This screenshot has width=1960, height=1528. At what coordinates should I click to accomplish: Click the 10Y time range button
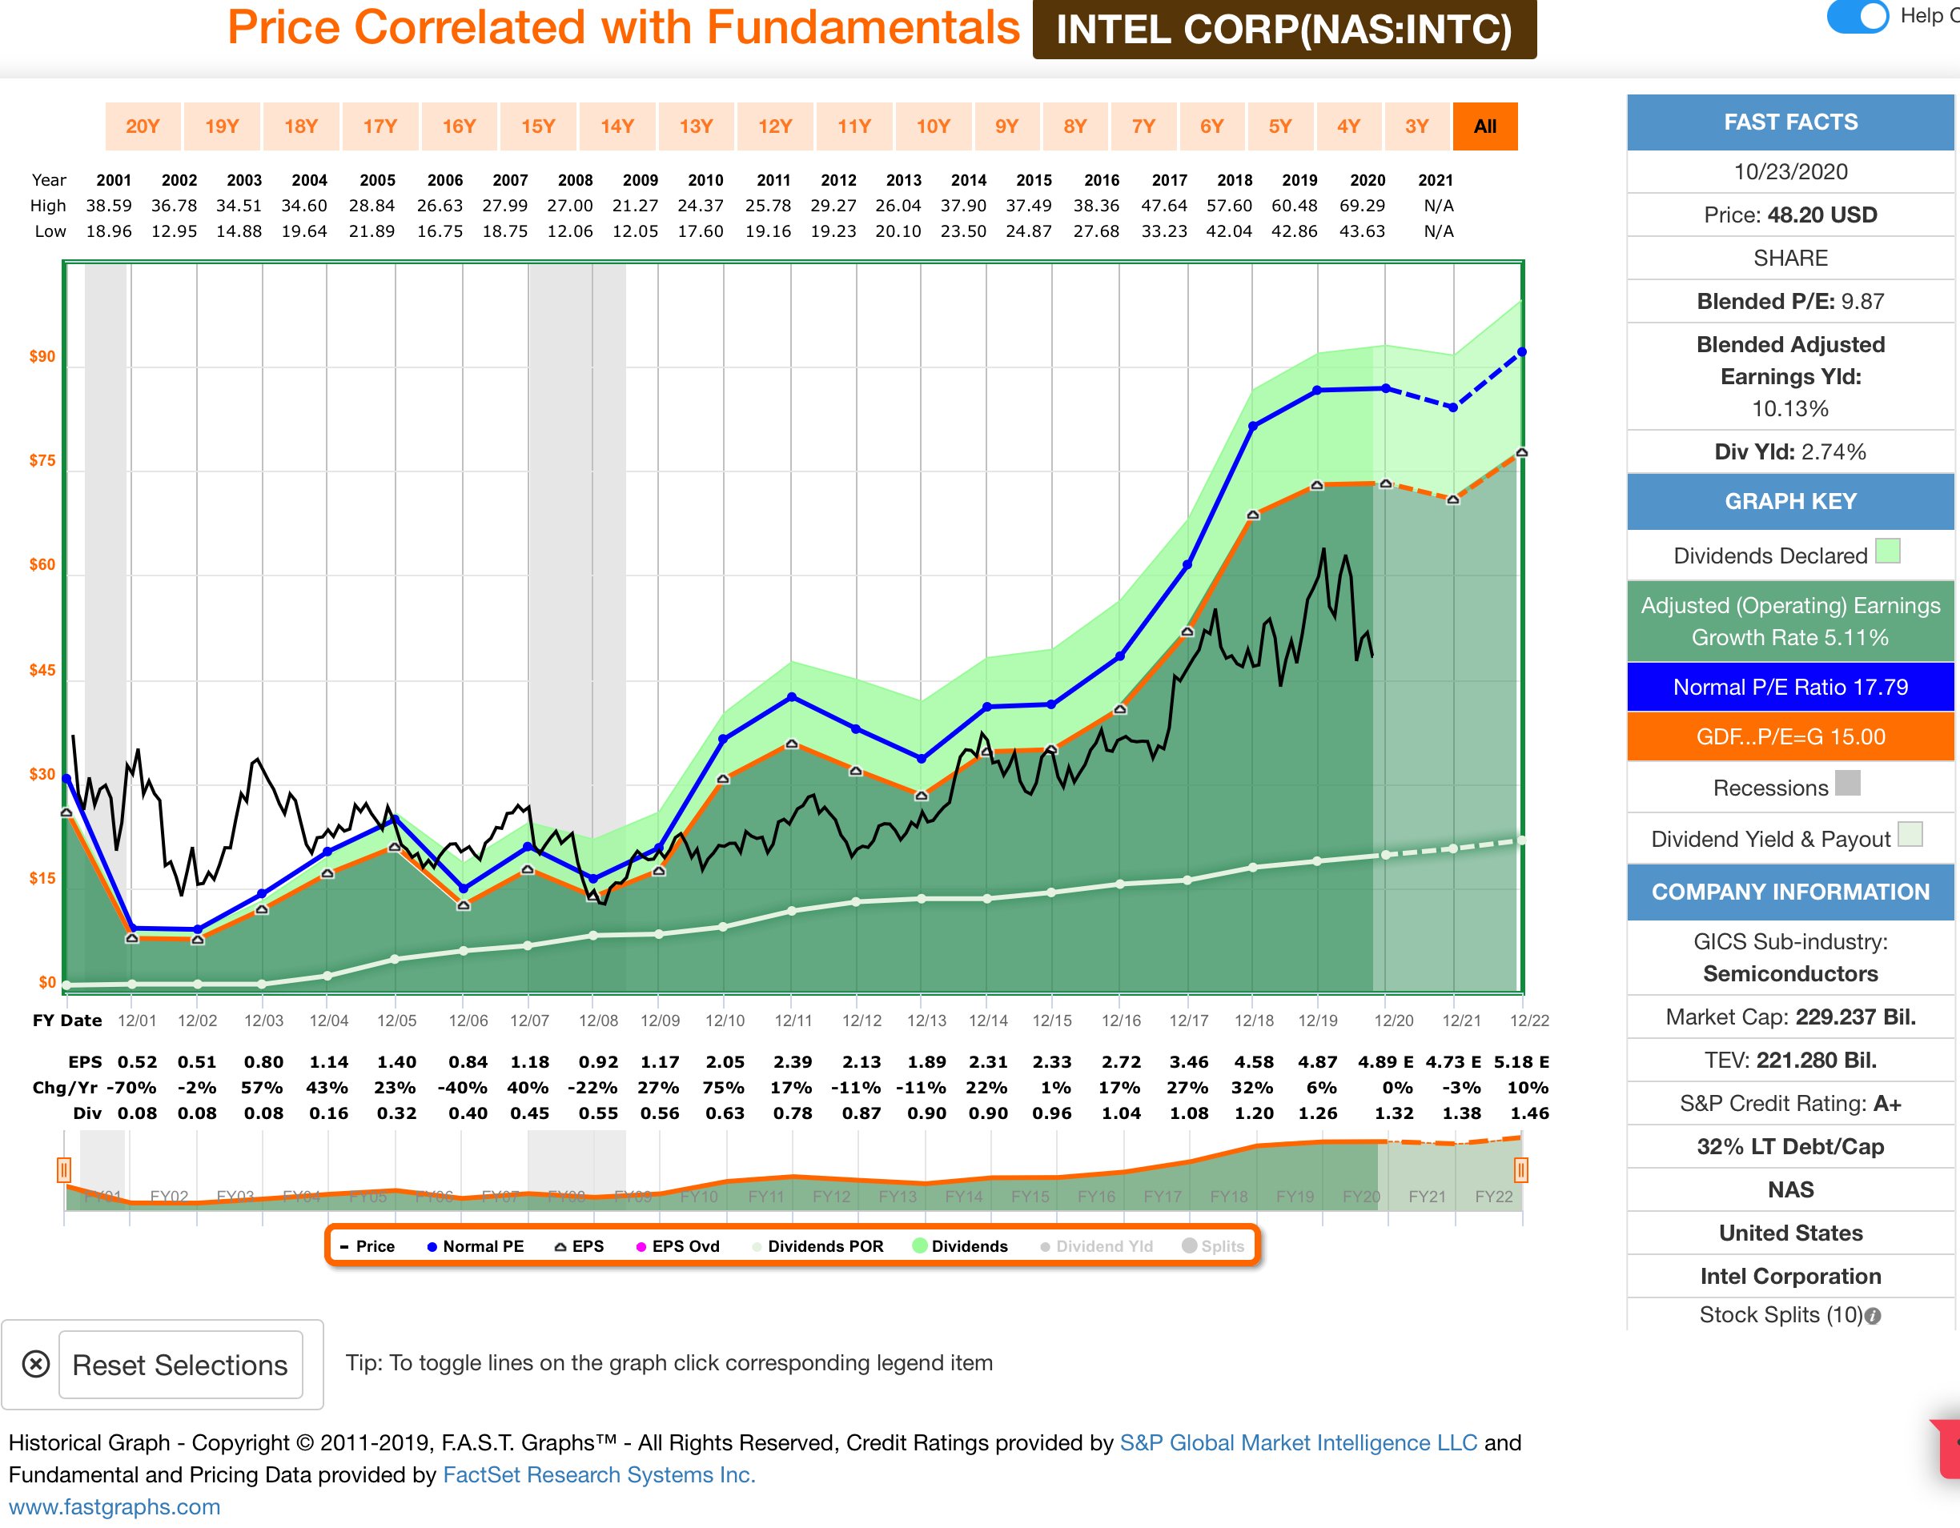point(933,126)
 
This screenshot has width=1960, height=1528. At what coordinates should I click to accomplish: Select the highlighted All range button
point(1484,126)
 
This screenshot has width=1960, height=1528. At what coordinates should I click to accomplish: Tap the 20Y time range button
point(143,126)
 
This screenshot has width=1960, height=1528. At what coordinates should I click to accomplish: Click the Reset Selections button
point(179,1365)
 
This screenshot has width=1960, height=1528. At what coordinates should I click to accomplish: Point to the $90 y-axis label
point(42,356)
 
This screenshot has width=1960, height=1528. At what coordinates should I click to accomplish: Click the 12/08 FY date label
point(598,1021)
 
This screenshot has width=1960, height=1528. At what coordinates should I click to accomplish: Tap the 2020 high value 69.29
point(1362,206)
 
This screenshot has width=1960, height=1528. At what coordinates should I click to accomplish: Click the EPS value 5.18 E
point(1521,1061)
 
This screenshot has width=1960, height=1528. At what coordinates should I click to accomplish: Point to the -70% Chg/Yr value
point(131,1088)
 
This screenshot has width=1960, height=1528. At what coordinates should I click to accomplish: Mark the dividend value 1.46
point(1529,1113)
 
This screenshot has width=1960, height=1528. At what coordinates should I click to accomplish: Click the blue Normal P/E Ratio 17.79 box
point(1789,688)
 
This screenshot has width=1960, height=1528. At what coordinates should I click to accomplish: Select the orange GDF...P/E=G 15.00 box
point(1789,736)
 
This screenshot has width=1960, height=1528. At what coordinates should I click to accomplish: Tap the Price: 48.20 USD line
point(1789,215)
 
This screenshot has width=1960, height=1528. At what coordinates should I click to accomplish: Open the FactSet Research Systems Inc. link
point(599,1474)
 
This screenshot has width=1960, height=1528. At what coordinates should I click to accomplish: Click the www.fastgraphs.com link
point(114,1506)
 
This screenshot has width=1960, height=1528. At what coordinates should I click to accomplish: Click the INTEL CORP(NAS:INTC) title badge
point(1283,30)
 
